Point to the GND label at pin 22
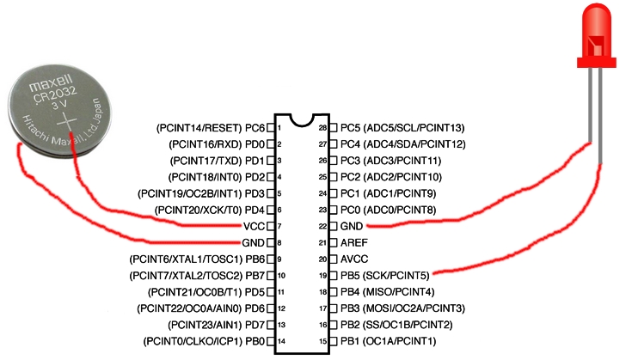pos(353,226)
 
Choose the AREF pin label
pos(355,242)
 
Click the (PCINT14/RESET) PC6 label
pos(209,127)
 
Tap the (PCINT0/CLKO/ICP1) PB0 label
pos(204,341)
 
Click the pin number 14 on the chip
pos(281,341)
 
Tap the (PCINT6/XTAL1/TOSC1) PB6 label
pos(196,259)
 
